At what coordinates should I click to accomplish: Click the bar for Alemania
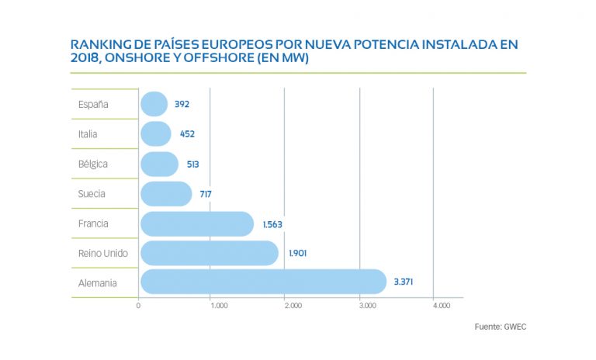click(263, 282)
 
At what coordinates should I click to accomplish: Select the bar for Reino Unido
click(209, 253)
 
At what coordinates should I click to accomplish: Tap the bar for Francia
click(197, 223)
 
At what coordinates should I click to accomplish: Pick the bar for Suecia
click(166, 194)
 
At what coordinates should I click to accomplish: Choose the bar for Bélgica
click(159, 164)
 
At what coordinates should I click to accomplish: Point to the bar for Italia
click(156, 134)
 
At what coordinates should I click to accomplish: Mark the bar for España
click(154, 104)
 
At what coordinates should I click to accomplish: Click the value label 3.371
click(403, 282)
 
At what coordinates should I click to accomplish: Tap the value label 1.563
click(272, 223)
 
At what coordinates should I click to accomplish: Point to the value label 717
click(206, 194)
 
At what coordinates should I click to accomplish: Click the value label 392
click(182, 104)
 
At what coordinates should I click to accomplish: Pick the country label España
click(93, 104)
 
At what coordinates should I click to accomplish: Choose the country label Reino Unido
click(103, 253)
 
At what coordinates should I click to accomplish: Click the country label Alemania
click(98, 282)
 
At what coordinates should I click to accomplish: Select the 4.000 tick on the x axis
click(441, 306)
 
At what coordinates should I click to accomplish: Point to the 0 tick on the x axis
click(139, 306)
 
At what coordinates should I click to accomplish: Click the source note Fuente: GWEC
click(500, 327)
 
